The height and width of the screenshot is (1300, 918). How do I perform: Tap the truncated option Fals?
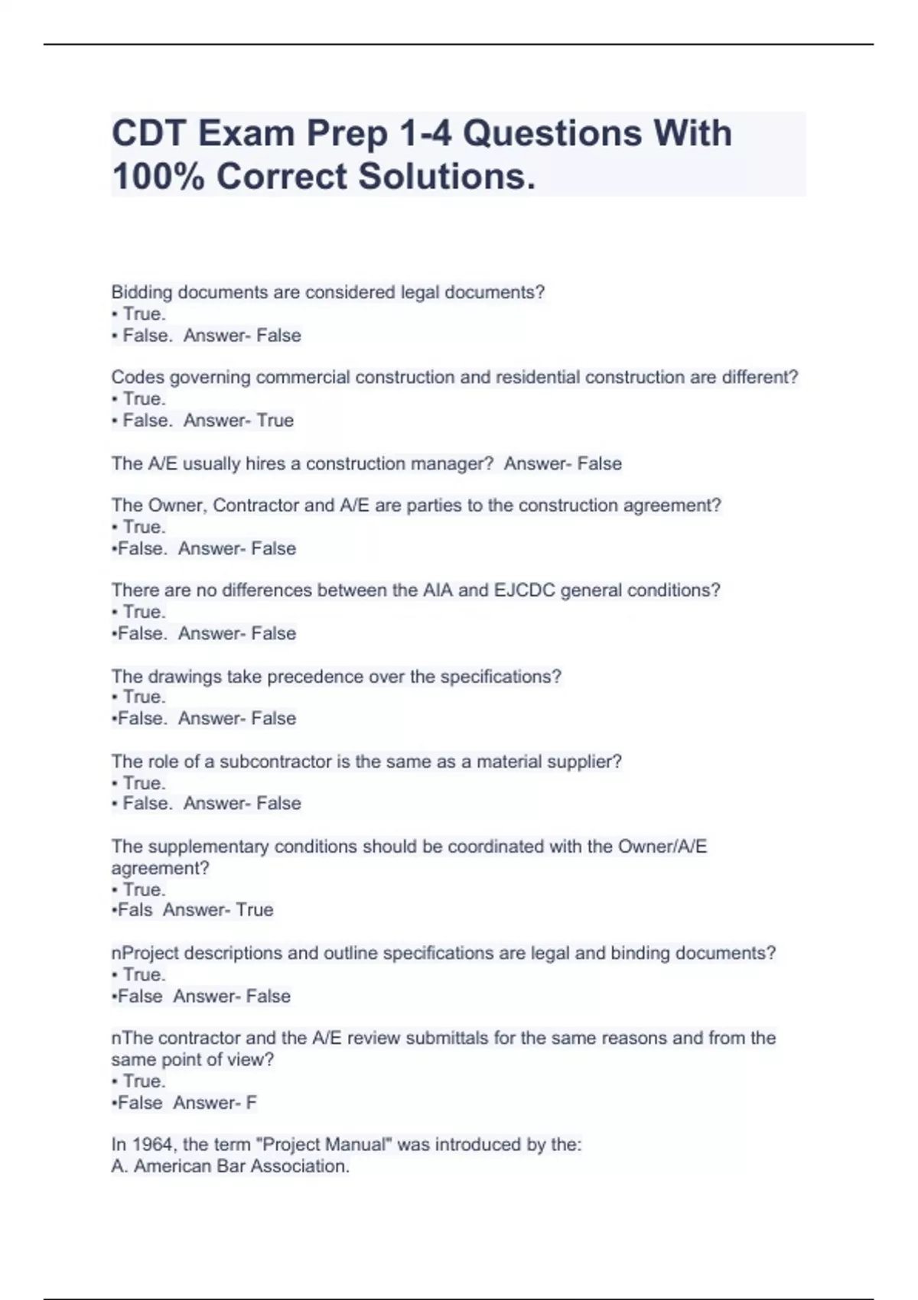(x=133, y=910)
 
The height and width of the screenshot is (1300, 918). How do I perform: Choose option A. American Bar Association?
(x=230, y=1166)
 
